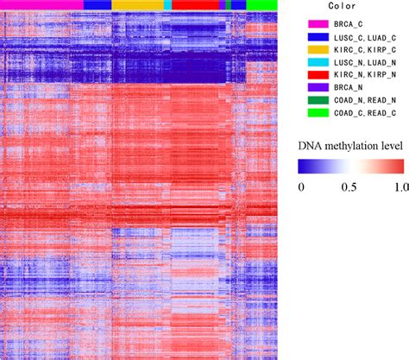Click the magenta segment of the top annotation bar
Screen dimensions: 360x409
click(x=41, y=4)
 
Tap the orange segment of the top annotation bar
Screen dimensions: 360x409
click(x=136, y=4)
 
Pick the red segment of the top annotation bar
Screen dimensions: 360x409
click(x=194, y=4)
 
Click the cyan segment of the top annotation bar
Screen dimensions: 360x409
click(x=167, y=4)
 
